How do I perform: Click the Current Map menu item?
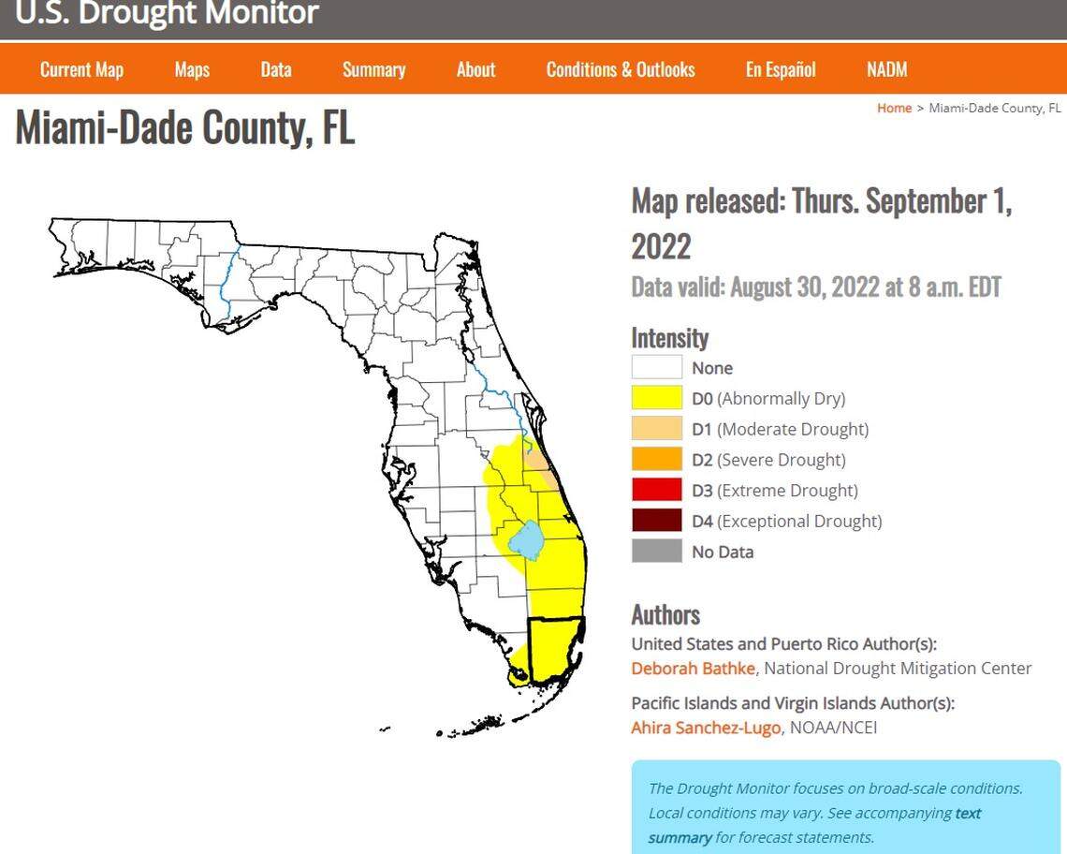pos(81,69)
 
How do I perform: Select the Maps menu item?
pos(192,69)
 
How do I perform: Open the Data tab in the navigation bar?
pos(276,69)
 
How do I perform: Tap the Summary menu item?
pos(373,69)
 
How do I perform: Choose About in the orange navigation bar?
pos(475,69)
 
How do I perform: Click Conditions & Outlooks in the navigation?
pos(621,69)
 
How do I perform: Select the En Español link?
pos(781,69)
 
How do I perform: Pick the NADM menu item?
pos(887,69)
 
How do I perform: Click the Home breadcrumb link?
pos(894,109)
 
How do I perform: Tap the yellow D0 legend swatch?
pos(656,398)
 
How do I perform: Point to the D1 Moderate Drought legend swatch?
pos(656,429)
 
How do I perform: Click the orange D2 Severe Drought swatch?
pos(656,460)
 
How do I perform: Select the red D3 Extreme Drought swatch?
pos(656,490)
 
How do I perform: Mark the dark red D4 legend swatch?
pos(656,521)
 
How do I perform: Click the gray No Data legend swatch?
pos(656,552)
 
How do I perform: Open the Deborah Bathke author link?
pos(694,669)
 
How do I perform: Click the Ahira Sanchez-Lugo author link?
pos(706,728)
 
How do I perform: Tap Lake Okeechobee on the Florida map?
pos(527,540)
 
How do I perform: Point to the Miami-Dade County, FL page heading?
pos(185,128)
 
